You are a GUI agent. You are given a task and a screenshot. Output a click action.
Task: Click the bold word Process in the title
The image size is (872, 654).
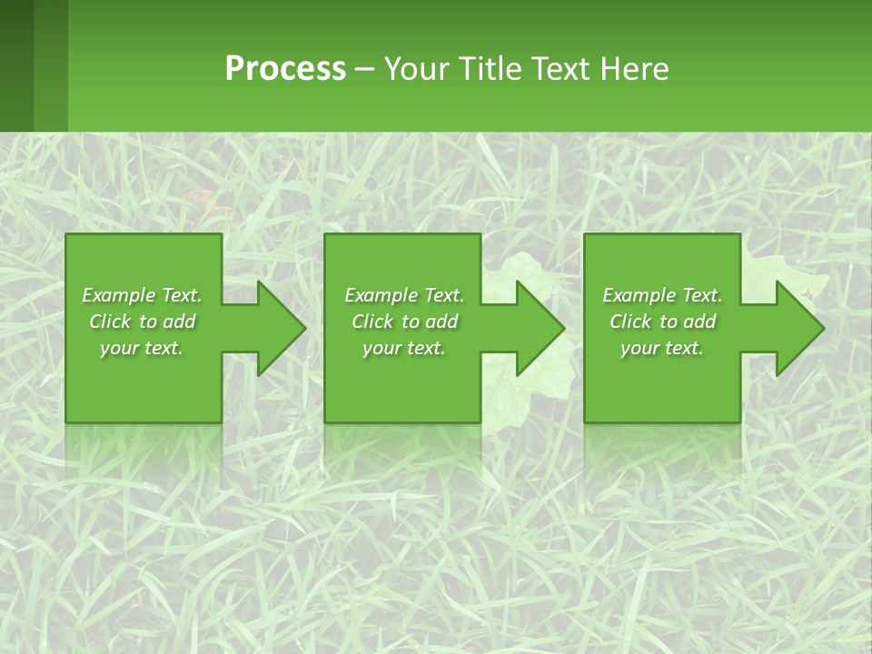coord(285,69)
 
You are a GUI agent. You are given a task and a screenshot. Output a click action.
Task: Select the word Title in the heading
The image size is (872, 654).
coord(491,69)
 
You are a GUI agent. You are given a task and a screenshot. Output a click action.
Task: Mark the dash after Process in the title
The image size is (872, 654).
coord(364,70)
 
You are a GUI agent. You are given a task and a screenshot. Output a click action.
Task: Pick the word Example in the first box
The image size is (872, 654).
coord(117,295)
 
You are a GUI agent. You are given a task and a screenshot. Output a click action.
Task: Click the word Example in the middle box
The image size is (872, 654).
coord(380,295)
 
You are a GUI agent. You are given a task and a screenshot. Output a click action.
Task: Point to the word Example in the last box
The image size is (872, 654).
coord(638,295)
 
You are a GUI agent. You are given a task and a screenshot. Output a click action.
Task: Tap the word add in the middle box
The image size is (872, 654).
coord(441,322)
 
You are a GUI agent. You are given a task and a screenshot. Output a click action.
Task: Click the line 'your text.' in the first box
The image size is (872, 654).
coord(142,348)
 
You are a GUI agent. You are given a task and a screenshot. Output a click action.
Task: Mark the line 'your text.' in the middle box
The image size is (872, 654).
coord(403,348)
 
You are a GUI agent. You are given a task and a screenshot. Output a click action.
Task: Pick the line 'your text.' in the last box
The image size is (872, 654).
coord(661,348)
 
